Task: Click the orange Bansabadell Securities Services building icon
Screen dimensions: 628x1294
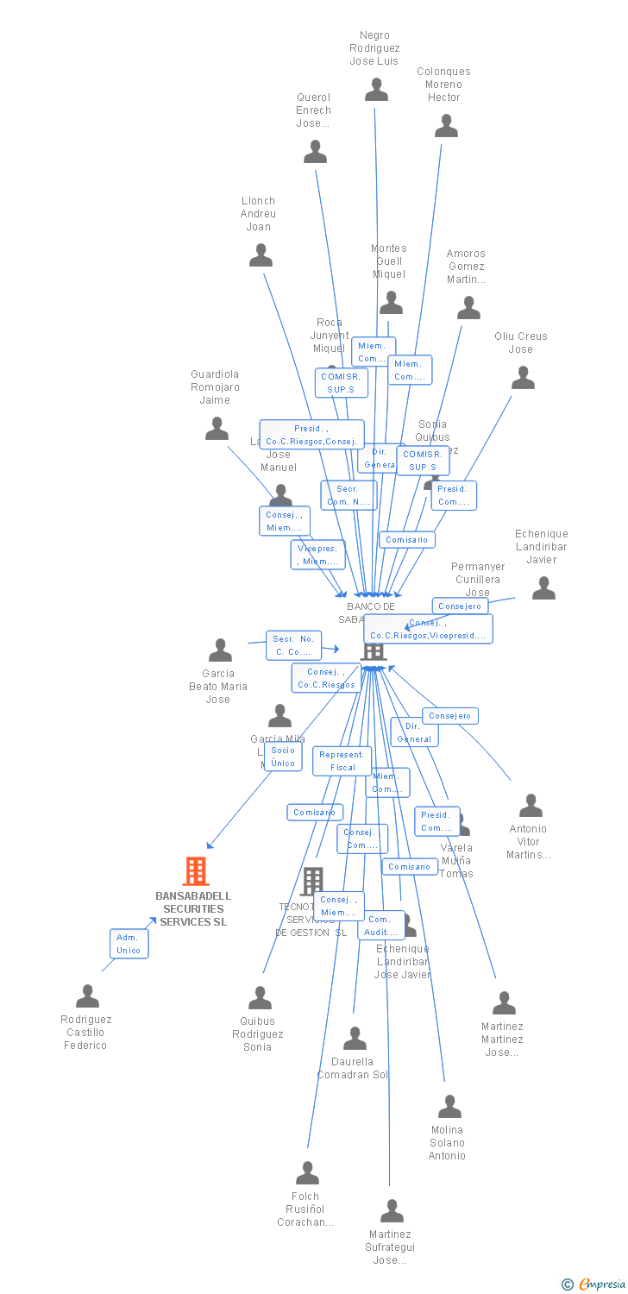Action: pyautogui.click(x=196, y=871)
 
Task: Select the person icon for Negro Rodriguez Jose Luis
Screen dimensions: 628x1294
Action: pyautogui.click(x=376, y=90)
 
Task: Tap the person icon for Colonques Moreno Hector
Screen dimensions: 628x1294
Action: pyautogui.click(x=446, y=126)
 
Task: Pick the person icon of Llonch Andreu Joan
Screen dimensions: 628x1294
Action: pyautogui.click(x=261, y=255)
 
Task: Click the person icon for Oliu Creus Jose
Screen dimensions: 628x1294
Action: pyautogui.click(x=523, y=378)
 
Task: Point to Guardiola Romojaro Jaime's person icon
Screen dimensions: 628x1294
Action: pyautogui.click(x=217, y=429)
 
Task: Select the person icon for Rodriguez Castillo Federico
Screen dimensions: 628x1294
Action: pyautogui.click(x=87, y=996)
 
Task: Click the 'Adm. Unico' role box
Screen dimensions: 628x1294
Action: pyautogui.click(x=129, y=944)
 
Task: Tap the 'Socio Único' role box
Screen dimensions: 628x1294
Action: pyautogui.click(x=283, y=757)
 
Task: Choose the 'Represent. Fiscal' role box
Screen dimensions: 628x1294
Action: pyautogui.click(x=342, y=761)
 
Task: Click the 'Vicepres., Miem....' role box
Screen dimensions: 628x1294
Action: pyautogui.click(x=317, y=555)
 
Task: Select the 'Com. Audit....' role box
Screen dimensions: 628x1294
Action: pyautogui.click(x=380, y=926)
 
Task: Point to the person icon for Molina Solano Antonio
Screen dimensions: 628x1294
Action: pyautogui.click(x=449, y=1107)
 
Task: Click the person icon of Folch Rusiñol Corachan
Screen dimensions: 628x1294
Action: pyautogui.click(x=307, y=1173)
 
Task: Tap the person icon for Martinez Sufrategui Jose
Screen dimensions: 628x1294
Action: pyautogui.click(x=392, y=1211)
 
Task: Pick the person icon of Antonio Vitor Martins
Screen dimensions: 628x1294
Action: pyautogui.click(x=531, y=806)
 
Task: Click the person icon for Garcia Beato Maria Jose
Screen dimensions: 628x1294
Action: pyautogui.click(x=220, y=650)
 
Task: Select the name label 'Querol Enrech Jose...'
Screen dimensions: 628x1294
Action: pyautogui.click(x=313, y=110)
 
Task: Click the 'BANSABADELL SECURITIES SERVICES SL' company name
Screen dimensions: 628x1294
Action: pyautogui.click(x=193, y=908)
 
